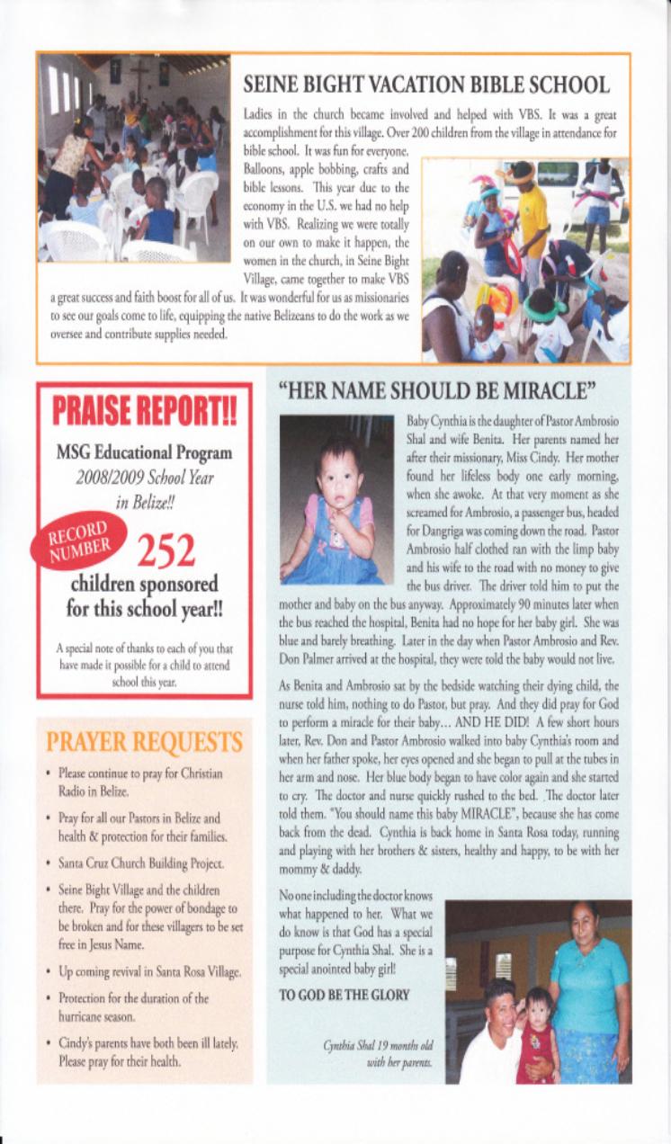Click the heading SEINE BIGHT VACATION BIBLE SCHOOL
tap(426, 85)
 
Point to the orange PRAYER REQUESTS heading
tap(145, 743)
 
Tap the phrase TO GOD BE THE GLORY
tap(345, 995)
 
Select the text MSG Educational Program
tap(145, 453)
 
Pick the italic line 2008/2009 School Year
tap(144, 477)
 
